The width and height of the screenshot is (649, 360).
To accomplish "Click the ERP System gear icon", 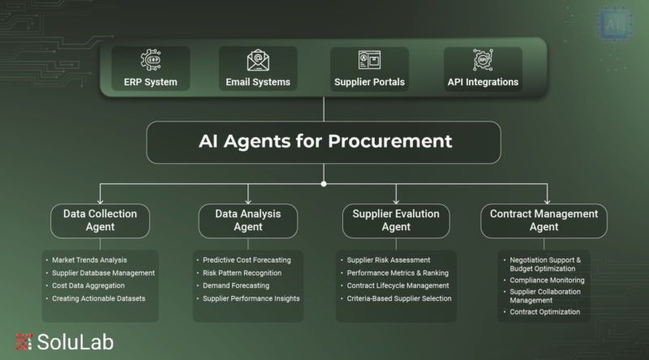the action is coord(151,60).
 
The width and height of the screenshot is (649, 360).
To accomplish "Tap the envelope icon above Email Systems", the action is coord(258,60).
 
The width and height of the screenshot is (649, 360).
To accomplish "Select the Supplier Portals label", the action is coord(369,82).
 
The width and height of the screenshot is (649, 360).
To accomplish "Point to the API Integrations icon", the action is coord(483,59).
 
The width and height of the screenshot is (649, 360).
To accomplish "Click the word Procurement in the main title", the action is coord(390,141).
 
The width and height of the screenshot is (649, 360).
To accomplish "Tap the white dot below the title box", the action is coord(324,184).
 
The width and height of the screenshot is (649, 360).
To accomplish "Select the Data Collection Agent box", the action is coord(100,221).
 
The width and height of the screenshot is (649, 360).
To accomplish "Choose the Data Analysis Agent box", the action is coord(248,221).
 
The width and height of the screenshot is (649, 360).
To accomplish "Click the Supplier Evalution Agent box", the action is coord(396,221).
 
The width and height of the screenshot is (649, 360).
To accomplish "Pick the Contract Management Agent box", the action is coord(544,221).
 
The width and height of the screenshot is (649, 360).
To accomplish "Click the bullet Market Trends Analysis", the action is coord(89,259).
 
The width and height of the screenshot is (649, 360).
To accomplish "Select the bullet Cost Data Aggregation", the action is coord(88,285).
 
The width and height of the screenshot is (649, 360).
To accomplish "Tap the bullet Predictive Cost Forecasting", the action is coord(247,259).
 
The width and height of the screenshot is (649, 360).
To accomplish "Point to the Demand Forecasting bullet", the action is coord(236,285).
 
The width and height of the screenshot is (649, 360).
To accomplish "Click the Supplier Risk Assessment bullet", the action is coord(389,259).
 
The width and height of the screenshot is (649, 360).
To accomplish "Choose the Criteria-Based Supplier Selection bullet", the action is coord(399,298).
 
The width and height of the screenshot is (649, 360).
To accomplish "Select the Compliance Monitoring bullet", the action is coord(547,281).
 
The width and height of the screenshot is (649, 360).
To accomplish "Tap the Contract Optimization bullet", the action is coord(544,312).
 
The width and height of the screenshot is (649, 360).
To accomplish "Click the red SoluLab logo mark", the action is coord(24,342).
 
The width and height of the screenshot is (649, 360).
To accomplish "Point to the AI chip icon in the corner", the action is coord(614,24).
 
